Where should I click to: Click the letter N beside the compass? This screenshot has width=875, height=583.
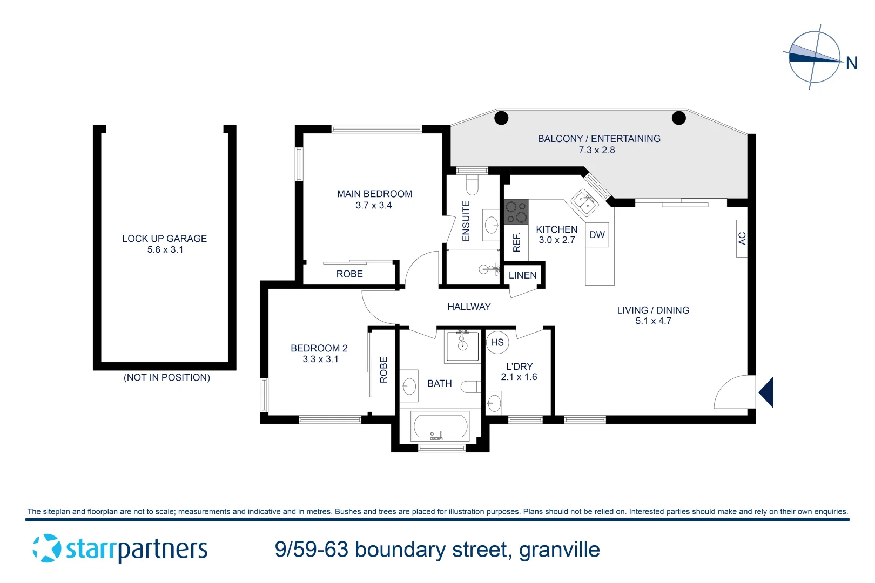pos(851,63)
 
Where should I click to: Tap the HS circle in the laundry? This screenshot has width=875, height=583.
pos(497,342)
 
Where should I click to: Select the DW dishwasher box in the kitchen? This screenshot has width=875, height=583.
pos(597,235)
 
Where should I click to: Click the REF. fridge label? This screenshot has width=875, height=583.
pos(516,242)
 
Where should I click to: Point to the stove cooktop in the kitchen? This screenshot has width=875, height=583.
pos(516,212)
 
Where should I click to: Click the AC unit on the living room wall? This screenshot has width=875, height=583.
pos(742,238)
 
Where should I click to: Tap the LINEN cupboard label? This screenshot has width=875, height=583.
pos(522,275)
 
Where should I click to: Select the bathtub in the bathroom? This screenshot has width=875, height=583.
pos(440,426)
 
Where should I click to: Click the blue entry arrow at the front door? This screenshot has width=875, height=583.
pos(766,392)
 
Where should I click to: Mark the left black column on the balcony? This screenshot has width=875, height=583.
pos(501,117)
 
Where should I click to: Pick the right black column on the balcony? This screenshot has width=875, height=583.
pos(678,117)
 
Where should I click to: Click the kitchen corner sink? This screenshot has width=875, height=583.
pos(584,202)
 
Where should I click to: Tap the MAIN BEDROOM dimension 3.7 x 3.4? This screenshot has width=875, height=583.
pos(374,206)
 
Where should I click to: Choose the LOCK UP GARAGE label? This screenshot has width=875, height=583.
pos(164,239)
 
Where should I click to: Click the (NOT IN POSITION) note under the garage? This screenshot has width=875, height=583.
pos(167,377)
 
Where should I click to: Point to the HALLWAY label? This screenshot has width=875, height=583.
pos(469,307)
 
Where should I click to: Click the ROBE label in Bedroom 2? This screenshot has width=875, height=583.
pos(383,370)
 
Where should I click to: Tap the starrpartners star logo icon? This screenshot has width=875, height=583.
pos(46,548)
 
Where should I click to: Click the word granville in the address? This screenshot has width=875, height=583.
pos(559,550)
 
